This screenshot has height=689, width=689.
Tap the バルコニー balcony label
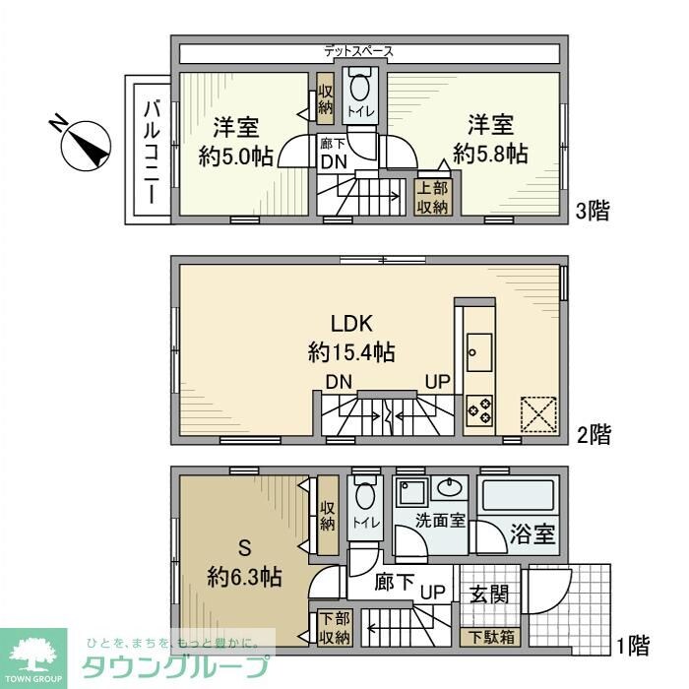151,152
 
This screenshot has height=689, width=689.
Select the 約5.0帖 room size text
235,156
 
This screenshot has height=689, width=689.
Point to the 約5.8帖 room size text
489,154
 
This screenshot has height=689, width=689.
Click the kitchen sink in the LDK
480,348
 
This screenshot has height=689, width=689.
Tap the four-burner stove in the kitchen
480,407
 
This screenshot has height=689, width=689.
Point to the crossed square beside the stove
537,412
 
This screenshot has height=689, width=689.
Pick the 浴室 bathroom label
532,536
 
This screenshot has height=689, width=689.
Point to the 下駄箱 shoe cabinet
489,635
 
